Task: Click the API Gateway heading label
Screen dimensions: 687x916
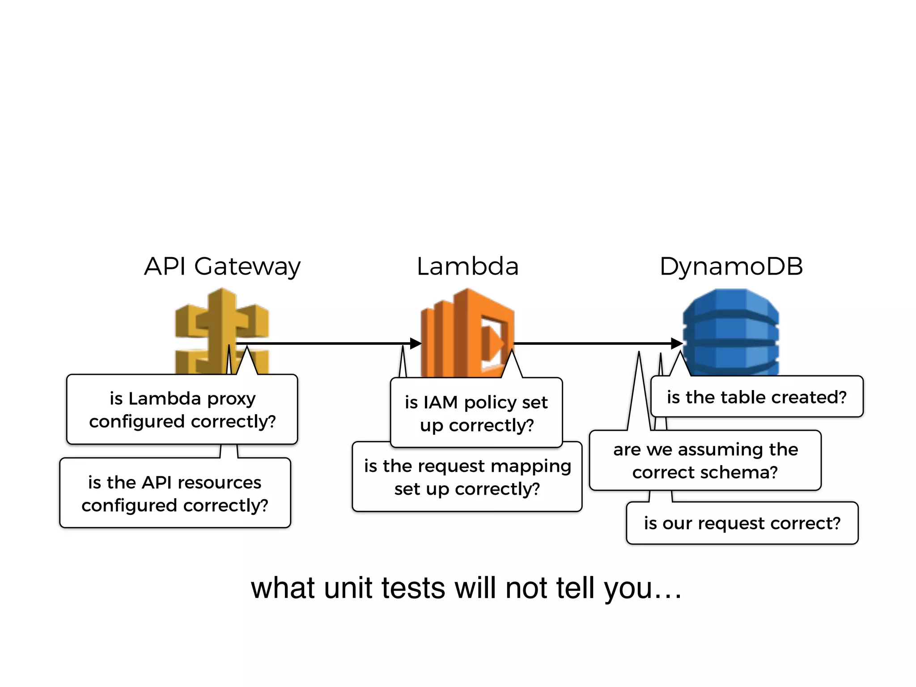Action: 222,267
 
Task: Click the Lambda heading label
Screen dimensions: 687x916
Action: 467,267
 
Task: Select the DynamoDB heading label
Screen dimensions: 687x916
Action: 731,267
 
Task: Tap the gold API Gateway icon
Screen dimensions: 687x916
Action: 221,327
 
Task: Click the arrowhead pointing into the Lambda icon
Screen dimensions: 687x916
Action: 416,343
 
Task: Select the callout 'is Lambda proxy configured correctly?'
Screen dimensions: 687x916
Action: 182,409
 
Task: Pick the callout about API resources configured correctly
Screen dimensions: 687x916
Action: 175,493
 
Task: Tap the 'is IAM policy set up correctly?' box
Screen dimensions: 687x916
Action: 476,413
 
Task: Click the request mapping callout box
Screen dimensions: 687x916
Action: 467,478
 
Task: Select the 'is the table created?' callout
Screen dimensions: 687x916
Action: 757,397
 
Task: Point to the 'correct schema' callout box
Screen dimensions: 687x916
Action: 705,460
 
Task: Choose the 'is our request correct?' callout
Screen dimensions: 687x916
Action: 742,523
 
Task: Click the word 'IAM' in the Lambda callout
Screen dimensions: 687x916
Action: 440,402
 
